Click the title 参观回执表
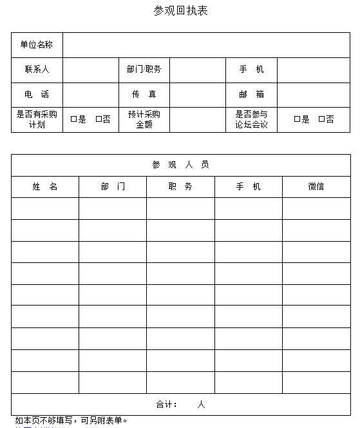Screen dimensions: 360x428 180,11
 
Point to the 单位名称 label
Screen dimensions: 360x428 37,44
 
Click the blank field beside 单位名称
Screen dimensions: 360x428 206,45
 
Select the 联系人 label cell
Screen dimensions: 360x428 37,70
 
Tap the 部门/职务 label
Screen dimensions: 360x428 144,70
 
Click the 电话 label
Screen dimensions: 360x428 37,94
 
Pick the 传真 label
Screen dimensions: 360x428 144,94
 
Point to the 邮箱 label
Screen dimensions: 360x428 251,94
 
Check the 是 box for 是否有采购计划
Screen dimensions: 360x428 73,119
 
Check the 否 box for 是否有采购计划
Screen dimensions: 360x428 98,119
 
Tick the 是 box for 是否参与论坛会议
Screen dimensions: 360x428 297,119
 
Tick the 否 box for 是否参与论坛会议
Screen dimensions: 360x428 321,119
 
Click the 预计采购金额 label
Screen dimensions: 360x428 144,119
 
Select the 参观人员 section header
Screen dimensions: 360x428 180,165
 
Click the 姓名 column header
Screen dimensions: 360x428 45,187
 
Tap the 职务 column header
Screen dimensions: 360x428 180,187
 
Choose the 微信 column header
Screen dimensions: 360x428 316,187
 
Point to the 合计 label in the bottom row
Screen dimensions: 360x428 167,405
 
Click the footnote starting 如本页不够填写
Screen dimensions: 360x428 71,421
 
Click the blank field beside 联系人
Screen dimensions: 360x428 90,70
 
